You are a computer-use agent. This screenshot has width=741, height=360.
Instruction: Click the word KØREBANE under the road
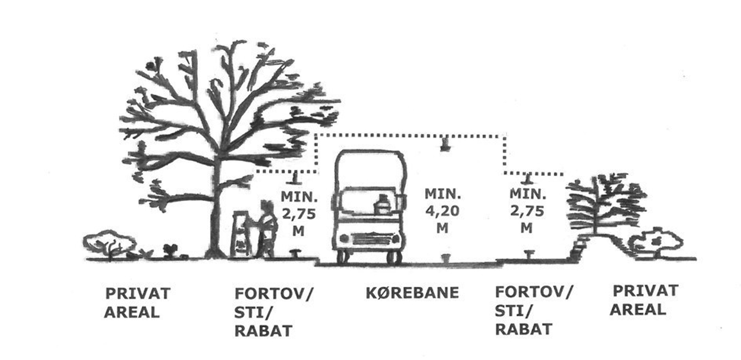coord(412,293)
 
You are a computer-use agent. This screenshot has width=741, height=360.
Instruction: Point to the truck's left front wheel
coord(342,257)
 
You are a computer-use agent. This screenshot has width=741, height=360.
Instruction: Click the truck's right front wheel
coord(392,257)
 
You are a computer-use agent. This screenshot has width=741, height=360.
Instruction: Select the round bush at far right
coord(656,243)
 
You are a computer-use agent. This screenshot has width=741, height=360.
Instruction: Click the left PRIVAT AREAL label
coord(137,303)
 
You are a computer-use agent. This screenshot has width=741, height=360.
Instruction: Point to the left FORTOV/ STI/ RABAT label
coord(273,311)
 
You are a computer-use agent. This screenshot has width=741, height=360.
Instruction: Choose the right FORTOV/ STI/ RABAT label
coord(534,310)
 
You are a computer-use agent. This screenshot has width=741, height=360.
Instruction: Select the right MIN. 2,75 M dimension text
coord(527,211)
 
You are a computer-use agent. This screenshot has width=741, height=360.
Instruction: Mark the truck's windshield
coord(369,172)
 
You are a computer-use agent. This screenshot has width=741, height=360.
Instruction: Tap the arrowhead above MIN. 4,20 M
coord(444,145)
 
